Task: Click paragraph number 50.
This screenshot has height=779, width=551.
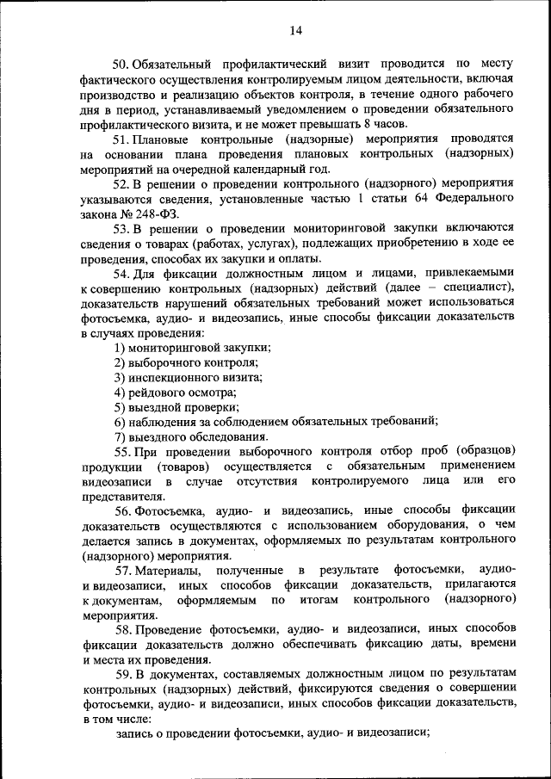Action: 121,63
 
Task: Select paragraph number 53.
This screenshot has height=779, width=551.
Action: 121,228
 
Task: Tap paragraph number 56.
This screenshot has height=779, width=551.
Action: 121,510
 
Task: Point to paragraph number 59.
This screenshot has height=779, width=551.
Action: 121,671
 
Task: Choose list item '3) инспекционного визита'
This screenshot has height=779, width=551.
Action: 189,377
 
